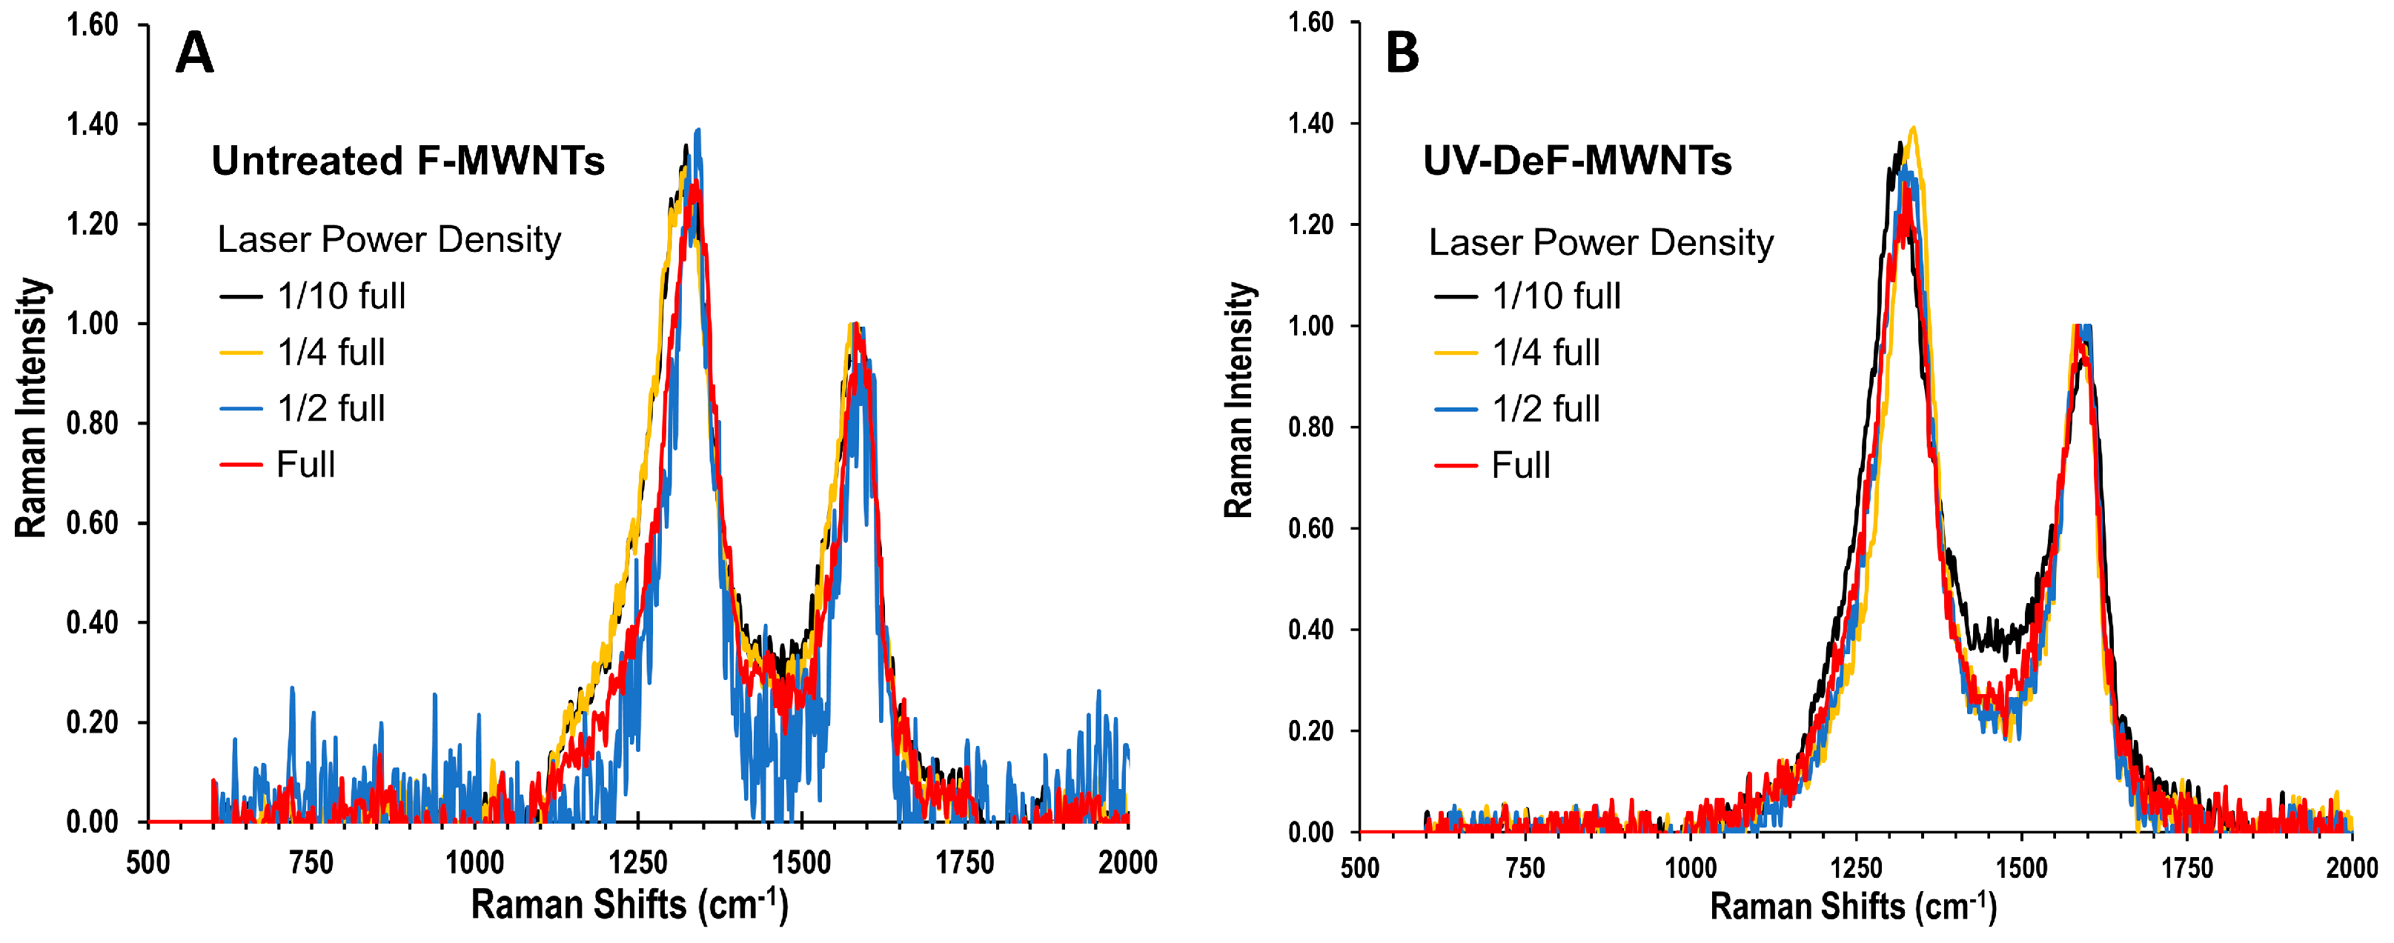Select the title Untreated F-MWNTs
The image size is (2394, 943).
coord(408,161)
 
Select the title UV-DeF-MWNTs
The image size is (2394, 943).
coord(1577,161)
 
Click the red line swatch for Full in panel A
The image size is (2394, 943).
coord(242,464)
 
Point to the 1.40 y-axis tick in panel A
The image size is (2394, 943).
coord(92,124)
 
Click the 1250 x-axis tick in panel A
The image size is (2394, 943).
coord(637,863)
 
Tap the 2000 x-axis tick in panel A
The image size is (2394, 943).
coord(1127,863)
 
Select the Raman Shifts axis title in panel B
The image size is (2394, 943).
coord(1853,906)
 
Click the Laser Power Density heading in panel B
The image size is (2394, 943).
coord(1600,242)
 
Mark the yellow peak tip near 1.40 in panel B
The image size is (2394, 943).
coord(1912,128)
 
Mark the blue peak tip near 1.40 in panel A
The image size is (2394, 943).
coord(698,130)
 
